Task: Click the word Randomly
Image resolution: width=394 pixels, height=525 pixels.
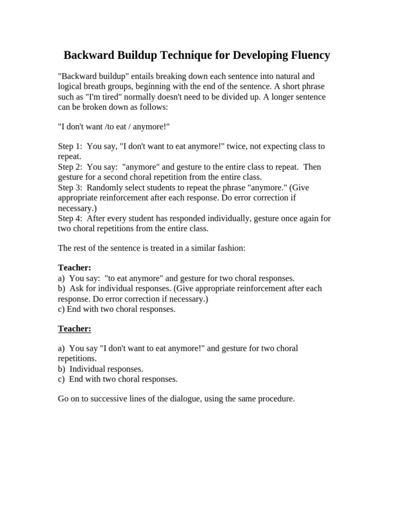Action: [x=105, y=187]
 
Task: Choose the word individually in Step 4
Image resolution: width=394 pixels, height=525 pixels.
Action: [x=227, y=218]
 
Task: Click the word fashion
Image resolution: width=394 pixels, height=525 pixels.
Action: [x=231, y=248]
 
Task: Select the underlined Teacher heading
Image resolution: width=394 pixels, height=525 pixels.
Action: [x=74, y=329]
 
